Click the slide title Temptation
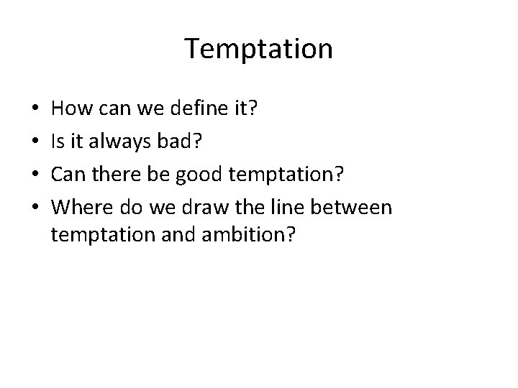pyautogui.click(x=259, y=49)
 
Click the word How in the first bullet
pyautogui.click(x=69, y=110)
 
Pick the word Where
pyautogui.click(x=77, y=207)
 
